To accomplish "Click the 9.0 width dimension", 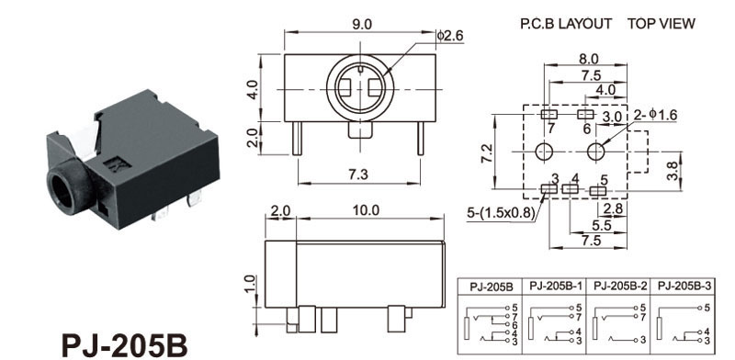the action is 361,25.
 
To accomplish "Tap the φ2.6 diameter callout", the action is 450,35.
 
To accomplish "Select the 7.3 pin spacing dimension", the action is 357,174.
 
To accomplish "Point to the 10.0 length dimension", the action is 366,210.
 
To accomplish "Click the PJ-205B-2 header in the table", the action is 620,286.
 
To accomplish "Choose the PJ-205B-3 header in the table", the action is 684,286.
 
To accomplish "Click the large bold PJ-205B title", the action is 124,345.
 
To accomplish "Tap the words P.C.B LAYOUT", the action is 566,24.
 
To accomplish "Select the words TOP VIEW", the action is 661,24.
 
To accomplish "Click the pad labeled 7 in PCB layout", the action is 548,114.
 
